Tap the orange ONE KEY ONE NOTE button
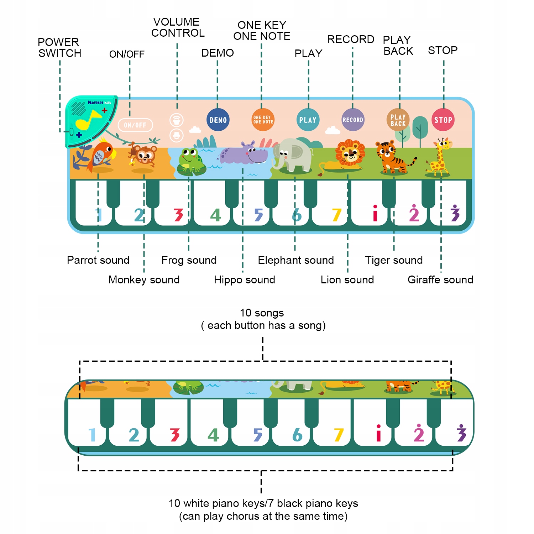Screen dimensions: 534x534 pos(263,120)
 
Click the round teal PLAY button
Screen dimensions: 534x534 pos(308,120)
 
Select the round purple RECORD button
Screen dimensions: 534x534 pos(353,120)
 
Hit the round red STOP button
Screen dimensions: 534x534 pos(443,120)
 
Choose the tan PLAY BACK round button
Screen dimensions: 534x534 pos(398,120)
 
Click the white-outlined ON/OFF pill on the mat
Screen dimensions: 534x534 pos(135,125)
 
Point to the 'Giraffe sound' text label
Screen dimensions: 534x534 pos(440,280)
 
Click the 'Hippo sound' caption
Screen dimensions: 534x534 pos(245,280)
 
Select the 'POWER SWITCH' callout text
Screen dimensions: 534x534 pos(59,48)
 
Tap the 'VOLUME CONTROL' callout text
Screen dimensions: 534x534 pos(178,27)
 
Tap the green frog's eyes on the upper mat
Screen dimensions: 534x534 pos(189,153)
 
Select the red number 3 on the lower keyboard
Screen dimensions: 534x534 pos(175,435)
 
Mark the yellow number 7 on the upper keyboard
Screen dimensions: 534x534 pos(336,215)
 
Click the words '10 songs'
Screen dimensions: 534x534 pos(262,313)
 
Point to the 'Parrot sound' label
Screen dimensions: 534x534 pos(98,260)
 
